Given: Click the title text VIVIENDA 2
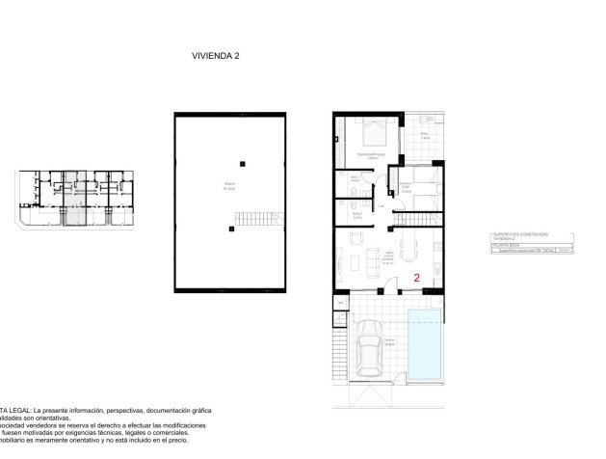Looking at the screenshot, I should (215, 57).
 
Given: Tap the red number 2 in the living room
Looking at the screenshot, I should (416, 277).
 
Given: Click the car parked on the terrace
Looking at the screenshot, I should (370, 351).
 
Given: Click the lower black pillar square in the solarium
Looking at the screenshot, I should (231, 229).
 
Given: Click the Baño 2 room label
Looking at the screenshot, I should (356, 215).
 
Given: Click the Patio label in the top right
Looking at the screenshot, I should (424, 135).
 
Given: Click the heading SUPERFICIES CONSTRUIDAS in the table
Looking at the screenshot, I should (519, 233).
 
